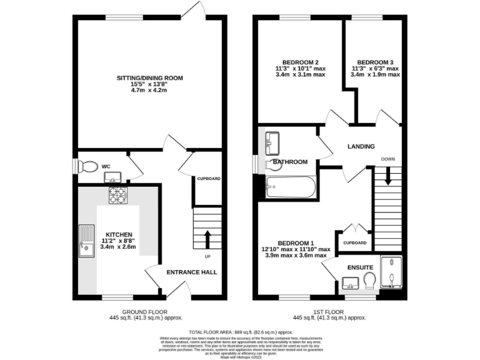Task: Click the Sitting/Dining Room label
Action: click(x=149, y=77)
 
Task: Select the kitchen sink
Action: click(x=84, y=242)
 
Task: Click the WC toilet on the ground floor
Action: click(x=88, y=167)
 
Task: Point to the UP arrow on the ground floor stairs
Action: click(x=207, y=238)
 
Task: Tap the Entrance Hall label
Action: click(x=191, y=272)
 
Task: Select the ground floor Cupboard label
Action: click(x=209, y=179)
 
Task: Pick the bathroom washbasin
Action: click(x=273, y=142)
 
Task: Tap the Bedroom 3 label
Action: click(x=375, y=62)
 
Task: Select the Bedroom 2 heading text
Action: click(x=301, y=62)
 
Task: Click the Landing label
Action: click(x=361, y=146)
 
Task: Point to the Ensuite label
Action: click(x=360, y=267)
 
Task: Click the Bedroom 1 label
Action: click(x=296, y=242)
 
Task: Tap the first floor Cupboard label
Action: click(x=355, y=242)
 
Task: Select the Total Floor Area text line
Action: click(x=241, y=332)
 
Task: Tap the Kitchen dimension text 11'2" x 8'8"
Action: click(x=118, y=241)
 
